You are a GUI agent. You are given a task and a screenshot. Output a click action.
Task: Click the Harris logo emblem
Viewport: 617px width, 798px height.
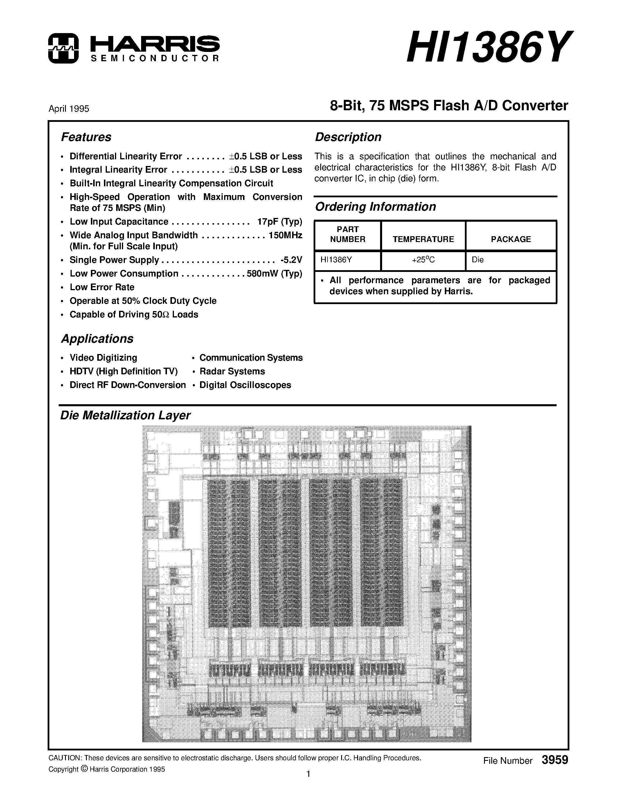[63, 48]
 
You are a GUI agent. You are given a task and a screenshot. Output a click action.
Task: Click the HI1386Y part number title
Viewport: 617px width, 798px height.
[488, 48]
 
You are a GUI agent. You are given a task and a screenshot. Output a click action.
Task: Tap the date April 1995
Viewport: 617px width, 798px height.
[69, 109]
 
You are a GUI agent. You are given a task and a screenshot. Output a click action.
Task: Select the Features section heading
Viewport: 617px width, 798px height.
[86, 137]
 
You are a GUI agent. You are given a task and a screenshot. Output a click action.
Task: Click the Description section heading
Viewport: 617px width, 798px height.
[348, 137]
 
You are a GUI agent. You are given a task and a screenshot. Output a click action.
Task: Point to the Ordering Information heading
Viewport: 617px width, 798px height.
[375, 207]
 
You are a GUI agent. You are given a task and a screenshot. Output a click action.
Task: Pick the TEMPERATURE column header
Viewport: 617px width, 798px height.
[423, 239]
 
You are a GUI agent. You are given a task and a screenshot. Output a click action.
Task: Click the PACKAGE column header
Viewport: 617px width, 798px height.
[511, 239]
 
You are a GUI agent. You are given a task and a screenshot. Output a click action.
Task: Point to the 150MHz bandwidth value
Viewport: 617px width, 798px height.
[285, 235]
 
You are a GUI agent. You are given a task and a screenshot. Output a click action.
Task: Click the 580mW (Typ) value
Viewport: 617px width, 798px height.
[274, 274]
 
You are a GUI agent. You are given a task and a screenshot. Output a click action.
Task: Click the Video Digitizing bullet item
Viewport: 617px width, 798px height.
[103, 358]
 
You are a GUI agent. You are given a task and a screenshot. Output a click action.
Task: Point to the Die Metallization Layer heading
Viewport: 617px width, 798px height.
[125, 416]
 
